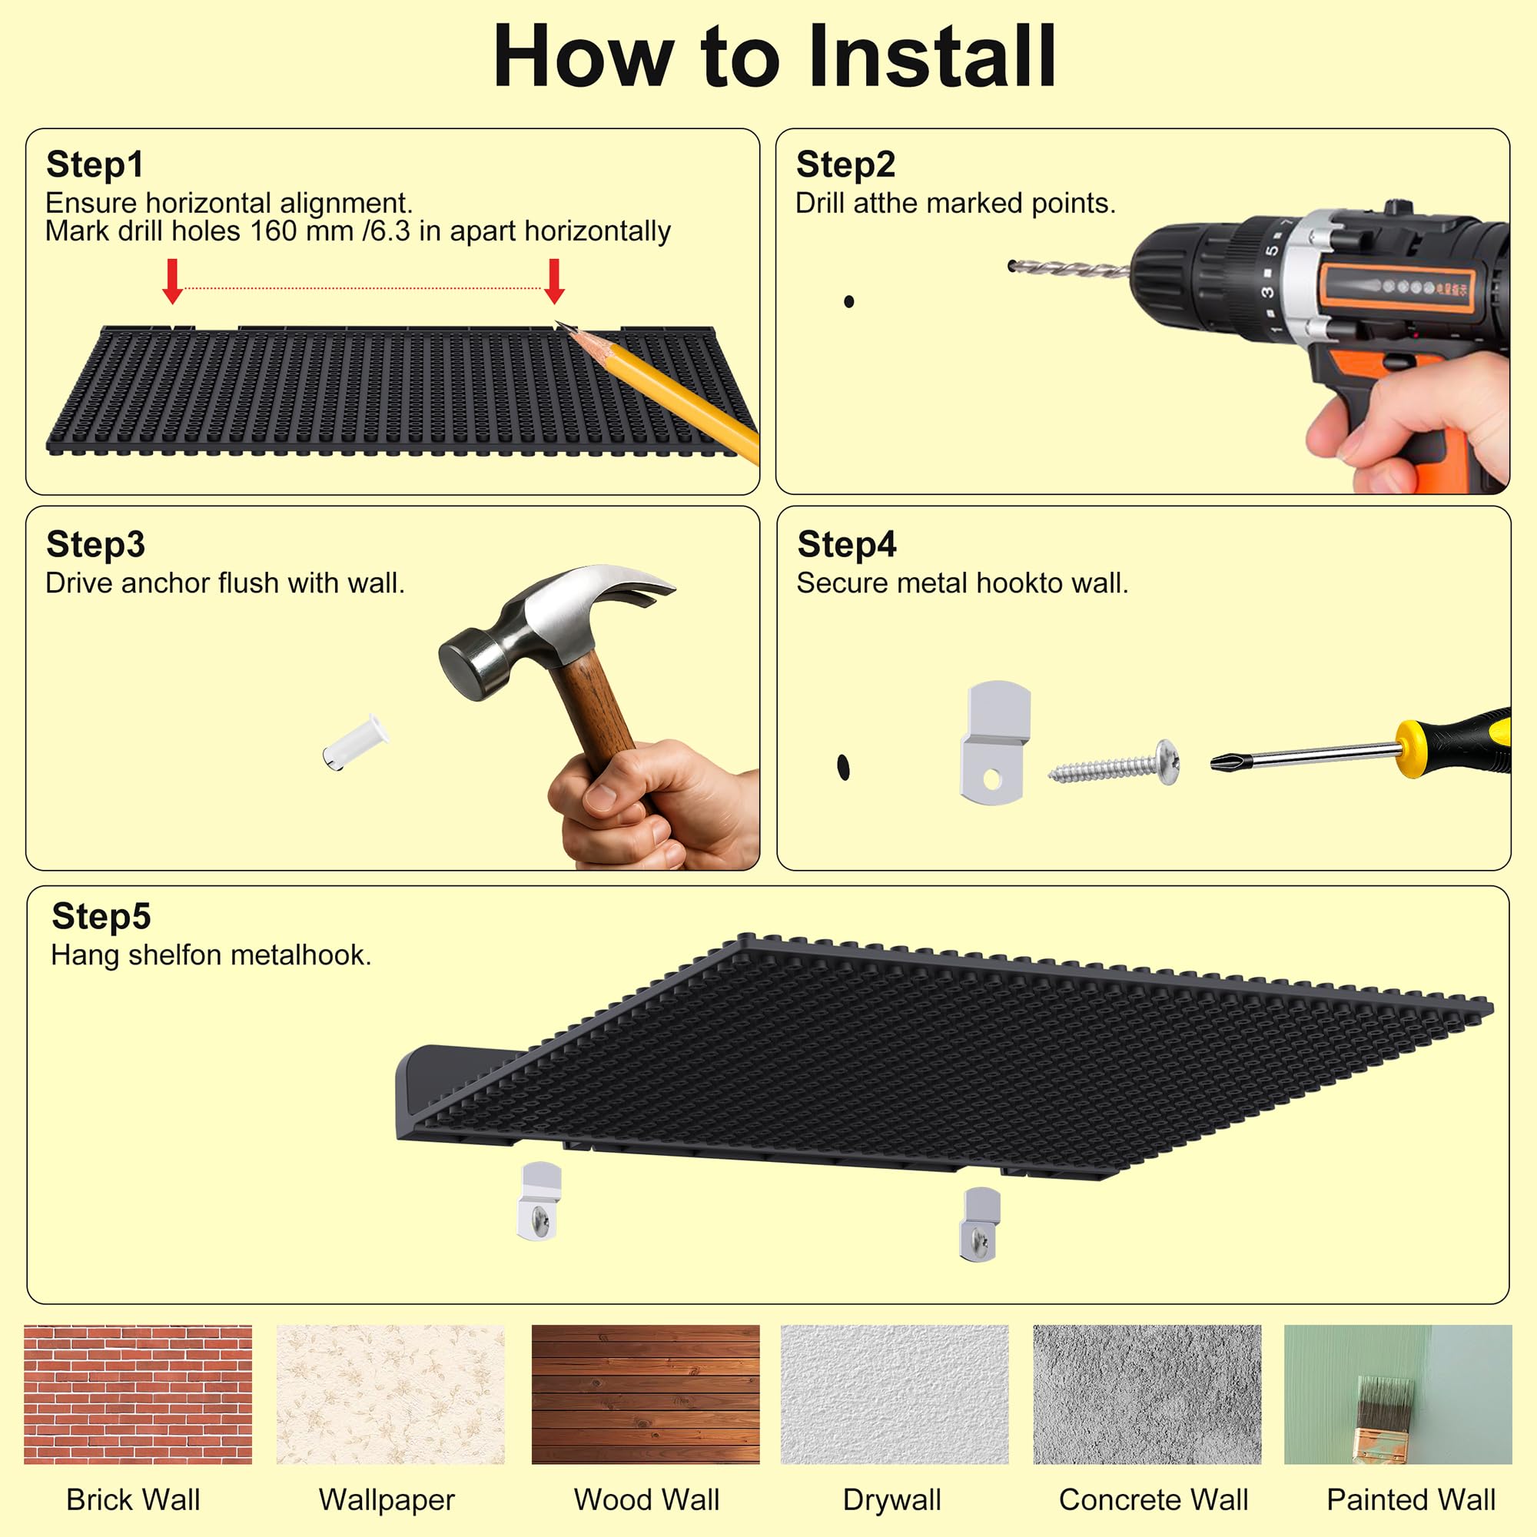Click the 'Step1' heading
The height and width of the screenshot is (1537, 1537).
click(x=95, y=164)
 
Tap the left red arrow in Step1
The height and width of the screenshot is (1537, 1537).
click(x=173, y=281)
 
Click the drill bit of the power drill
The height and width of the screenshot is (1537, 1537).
click(x=1068, y=270)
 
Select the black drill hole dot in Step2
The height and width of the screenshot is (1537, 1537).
click(x=849, y=301)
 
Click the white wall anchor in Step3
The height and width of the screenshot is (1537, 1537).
click(x=356, y=742)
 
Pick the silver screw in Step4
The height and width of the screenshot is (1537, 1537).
click(x=1114, y=763)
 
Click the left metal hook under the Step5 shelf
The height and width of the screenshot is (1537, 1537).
click(x=540, y=1200)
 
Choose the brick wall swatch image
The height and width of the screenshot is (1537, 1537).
click(x=138, y=1394)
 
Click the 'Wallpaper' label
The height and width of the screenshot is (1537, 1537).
click(x=387, y=1499)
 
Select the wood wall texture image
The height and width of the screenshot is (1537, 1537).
click(x=646, y=1394)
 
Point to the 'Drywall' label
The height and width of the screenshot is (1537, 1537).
click(x=891, y=1500)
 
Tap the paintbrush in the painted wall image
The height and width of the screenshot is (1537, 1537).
click(x=1385, y=1421)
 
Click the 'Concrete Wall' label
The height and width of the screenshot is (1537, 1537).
click(x=1154, y=1499)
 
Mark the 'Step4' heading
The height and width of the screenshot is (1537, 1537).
click(x=846, y=545)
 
